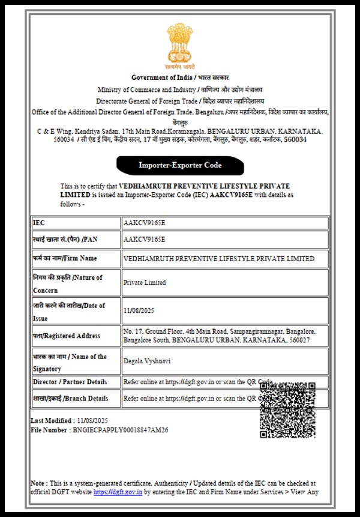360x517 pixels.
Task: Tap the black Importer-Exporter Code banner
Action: [180, 165]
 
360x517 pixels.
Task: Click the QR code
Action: [287, 410]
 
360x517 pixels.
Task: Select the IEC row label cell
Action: [75, 223]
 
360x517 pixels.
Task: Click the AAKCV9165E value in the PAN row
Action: [144, 239]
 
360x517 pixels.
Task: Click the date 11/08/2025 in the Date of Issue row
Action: [139, 311]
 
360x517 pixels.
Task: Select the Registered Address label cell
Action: [75, 336]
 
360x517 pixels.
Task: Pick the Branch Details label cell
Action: [75, 398]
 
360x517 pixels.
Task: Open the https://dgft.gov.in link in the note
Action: [118, 492]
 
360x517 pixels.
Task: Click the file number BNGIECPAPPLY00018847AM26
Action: [120, 430]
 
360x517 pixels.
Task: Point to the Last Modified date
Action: [92, 419]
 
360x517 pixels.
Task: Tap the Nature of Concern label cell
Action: [75, 283]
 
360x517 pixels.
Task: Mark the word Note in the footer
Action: [37, 483]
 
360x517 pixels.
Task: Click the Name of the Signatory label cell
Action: [75, 361]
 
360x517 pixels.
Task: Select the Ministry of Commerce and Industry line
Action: [180, 89]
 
